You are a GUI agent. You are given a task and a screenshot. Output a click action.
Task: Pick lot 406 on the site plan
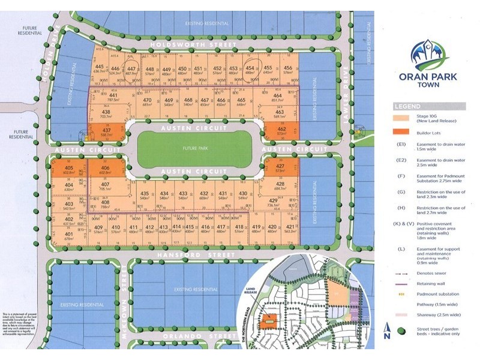tap(106, 170)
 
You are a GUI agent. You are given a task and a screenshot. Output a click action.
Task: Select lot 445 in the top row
tap(100, 70)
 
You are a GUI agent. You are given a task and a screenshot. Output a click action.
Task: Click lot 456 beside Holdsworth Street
tap(288, 70)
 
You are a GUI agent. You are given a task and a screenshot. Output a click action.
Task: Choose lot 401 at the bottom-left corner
tap(69, 236)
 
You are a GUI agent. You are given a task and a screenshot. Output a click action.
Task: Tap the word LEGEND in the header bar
tap(404, 106)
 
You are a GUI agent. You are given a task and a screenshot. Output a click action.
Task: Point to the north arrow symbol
tap(387, 329)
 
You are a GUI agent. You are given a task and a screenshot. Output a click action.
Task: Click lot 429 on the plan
tap(274, 202)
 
